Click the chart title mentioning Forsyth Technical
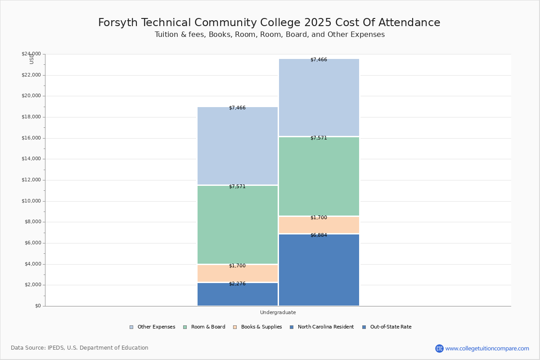(269, 23)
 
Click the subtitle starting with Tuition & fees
(270, 35)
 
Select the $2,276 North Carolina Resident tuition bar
(238, 295)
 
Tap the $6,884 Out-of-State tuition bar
(319, 270)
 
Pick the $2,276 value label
(237, 284)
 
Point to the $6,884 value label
(319, 235)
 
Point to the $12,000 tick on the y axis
(31, 180)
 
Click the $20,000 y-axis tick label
(31, 96)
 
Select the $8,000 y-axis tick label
(32, 222)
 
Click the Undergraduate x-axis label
(278, 312)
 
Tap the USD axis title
(31, 59)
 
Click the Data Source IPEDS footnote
(80, 348)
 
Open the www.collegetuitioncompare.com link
(487, 348)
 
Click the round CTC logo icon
(439, 348)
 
